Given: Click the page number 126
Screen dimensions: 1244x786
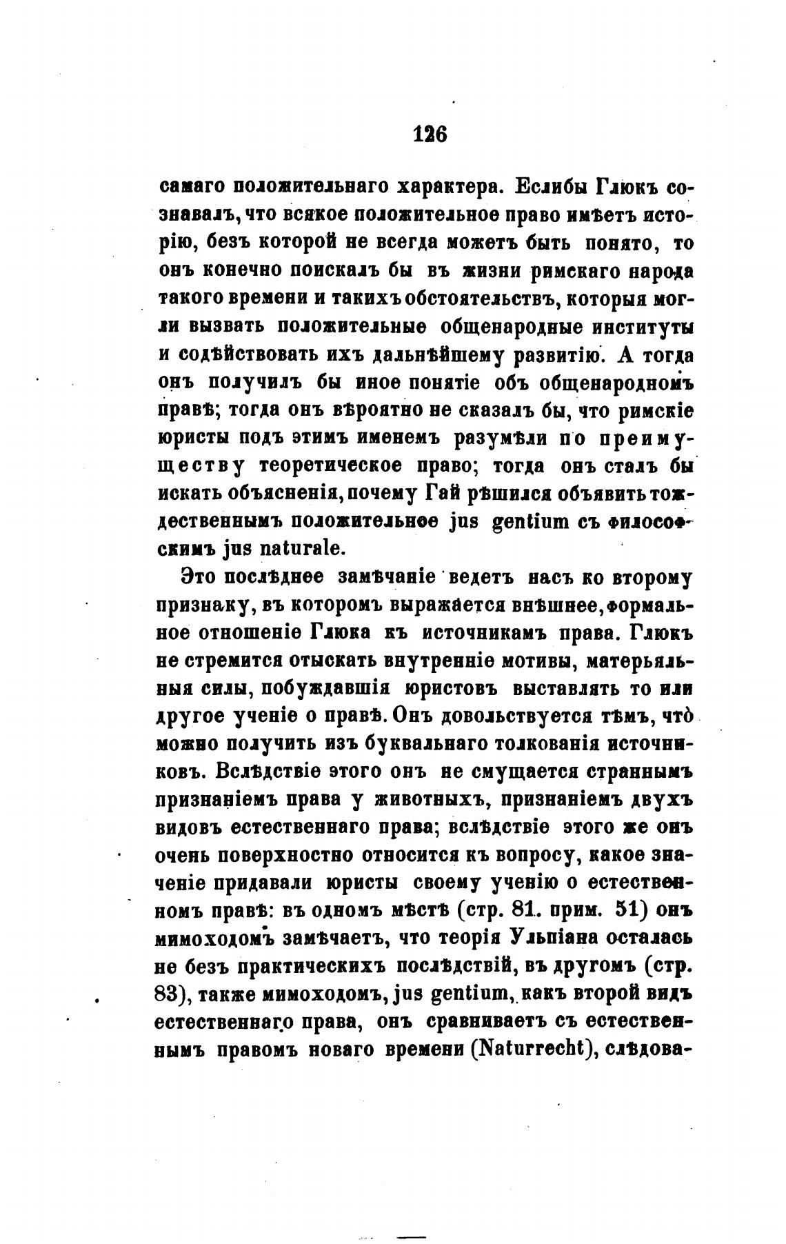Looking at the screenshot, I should pyautogui.click(x=430, y=133).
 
